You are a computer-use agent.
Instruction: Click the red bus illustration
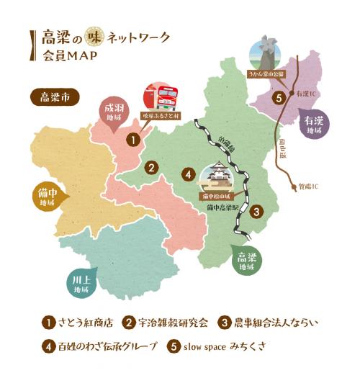[161, 99]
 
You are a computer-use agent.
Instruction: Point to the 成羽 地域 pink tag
[112, 112]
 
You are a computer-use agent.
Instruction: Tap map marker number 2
[151, 168]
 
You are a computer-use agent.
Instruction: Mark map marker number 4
[187, 174]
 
